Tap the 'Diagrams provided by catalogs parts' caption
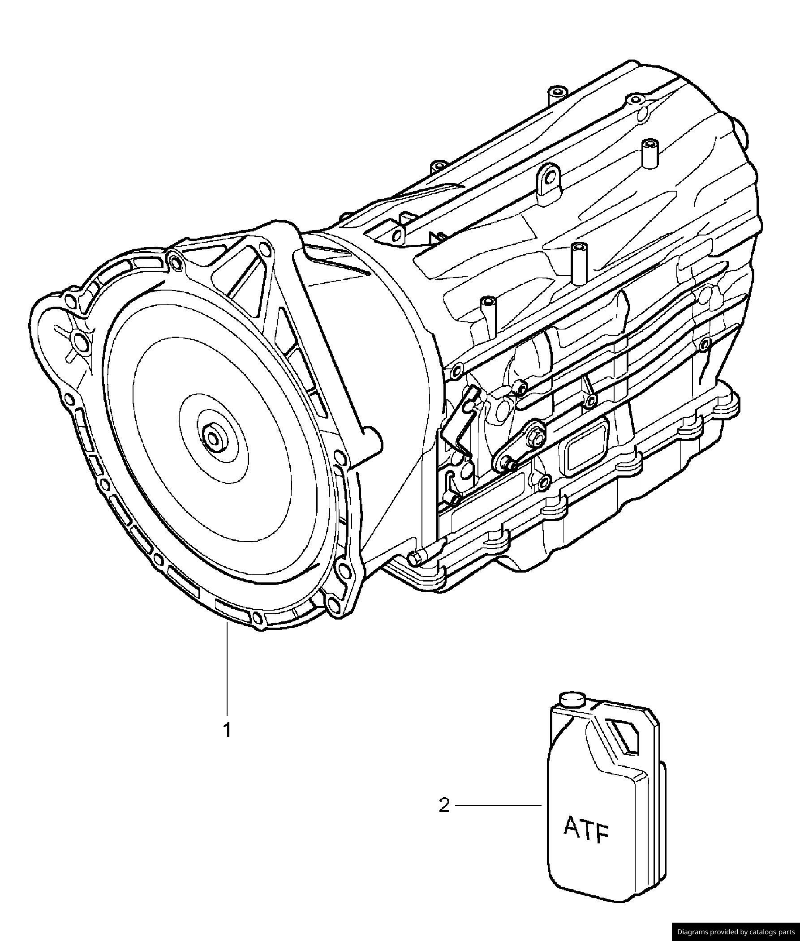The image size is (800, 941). click(x=735, y=932)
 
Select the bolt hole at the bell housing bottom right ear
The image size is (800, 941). click(x=332, y=603)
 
